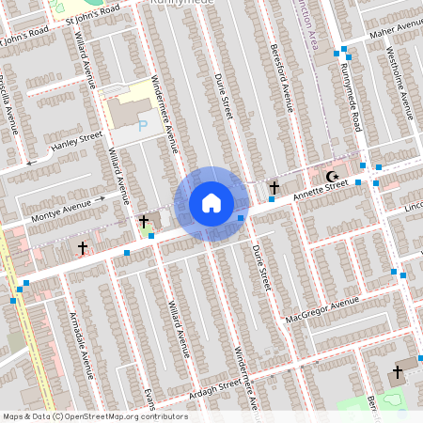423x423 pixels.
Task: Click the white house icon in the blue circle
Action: click(x=211, y=202)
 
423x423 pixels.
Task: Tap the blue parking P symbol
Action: click(x=143, y=125)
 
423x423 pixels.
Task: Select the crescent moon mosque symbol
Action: click(x=331, y=176)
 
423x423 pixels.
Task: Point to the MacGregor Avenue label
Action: click(x=323, y=307)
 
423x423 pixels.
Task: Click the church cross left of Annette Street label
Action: click(x=274, y=187)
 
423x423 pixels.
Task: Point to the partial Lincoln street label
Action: click(x=413, y=206)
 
